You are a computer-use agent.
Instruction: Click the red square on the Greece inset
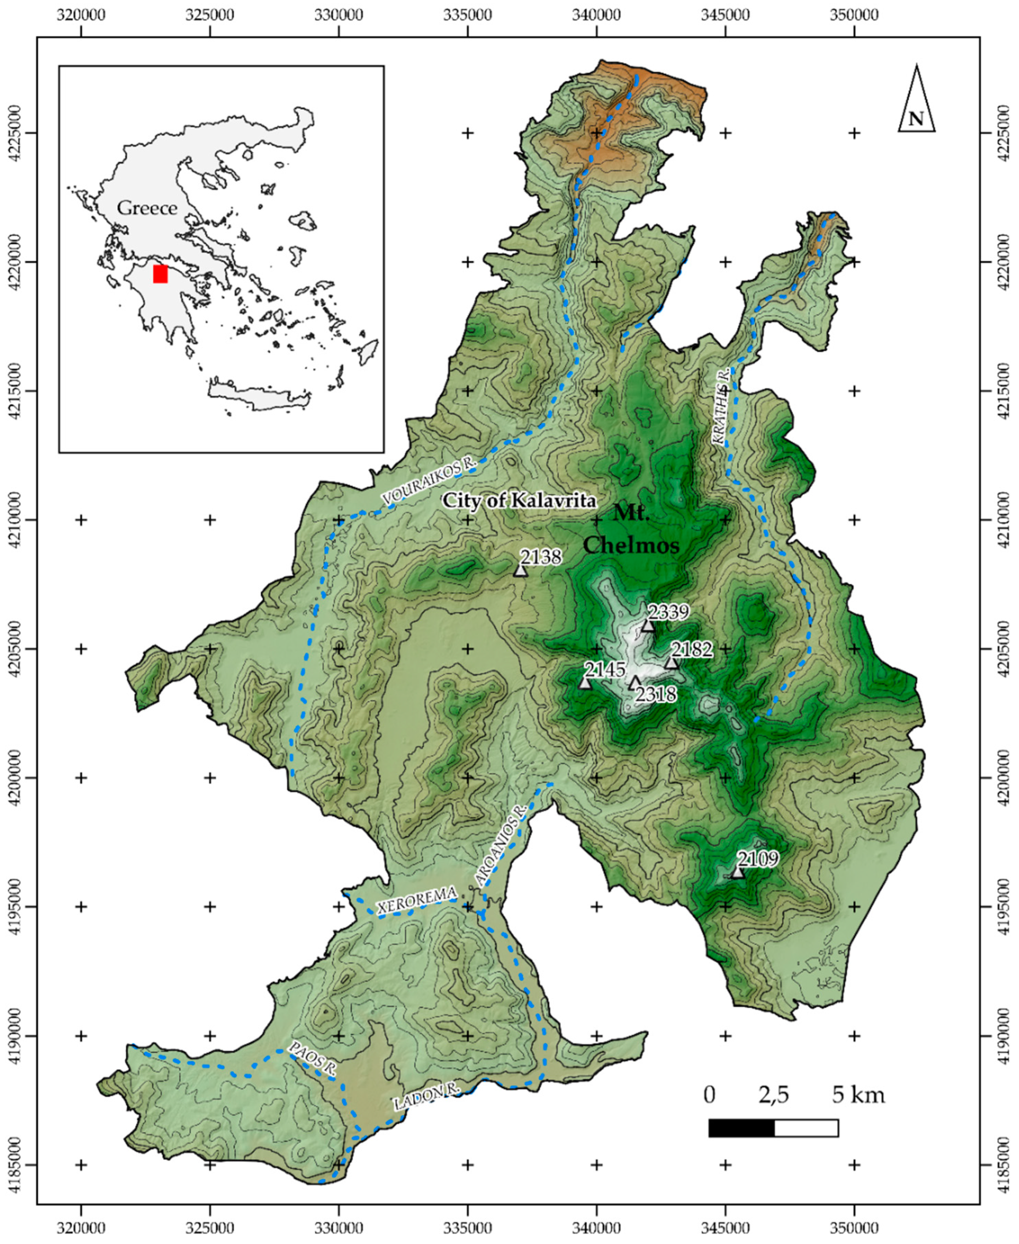160,273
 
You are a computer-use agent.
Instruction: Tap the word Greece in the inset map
147,208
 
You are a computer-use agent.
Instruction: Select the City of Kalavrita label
519,500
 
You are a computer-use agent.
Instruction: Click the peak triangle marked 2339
647,626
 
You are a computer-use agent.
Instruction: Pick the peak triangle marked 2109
737,873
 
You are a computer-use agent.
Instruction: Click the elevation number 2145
605,670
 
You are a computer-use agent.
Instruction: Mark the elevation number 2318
656,694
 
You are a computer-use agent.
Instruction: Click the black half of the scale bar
741,1128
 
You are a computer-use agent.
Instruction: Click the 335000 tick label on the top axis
467,14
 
